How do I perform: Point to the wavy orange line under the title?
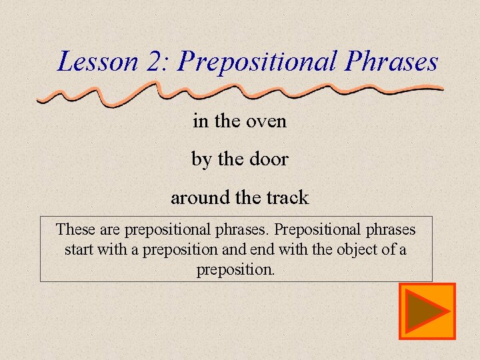point(240,92)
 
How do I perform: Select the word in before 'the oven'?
point(200,121)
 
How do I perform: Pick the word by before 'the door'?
point(201,160)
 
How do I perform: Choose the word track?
point(287,198)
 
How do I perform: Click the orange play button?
point(427,311)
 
